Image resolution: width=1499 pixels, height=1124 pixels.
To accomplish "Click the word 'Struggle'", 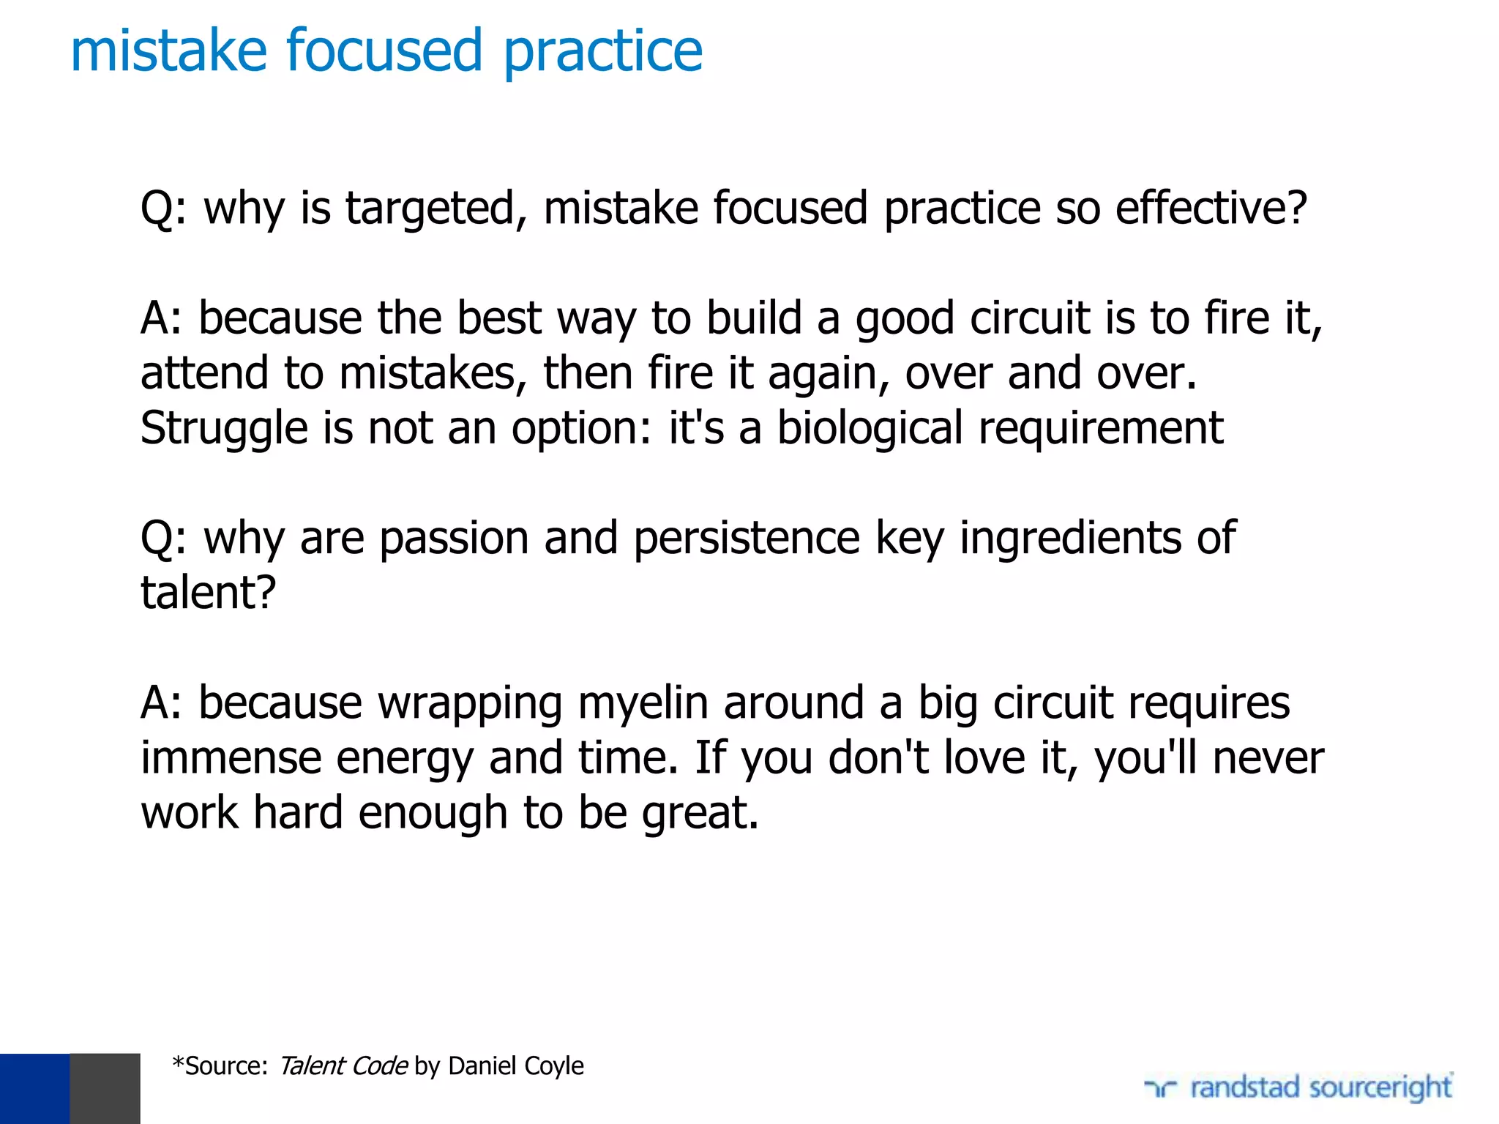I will pyautogui.click(x=224, y=429).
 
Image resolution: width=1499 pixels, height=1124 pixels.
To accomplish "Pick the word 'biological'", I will pyautogui.click(x=870, y=428).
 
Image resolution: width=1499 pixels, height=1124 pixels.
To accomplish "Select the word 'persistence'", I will pyautogui.click(x=747, y=538).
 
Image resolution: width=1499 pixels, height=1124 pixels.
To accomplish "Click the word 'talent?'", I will pyautogui.click(x=209, y=593).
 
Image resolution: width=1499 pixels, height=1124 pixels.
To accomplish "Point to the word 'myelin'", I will pyautogui.click(x=643, y=703).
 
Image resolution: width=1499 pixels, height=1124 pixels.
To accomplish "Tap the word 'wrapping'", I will pyautogui.click(x=470, y=704).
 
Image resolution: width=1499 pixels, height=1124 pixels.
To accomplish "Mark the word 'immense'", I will pyautogui.click(x=231, y=757).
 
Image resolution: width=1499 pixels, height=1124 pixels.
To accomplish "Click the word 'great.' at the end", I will pyautogui.click(x=700, y=814).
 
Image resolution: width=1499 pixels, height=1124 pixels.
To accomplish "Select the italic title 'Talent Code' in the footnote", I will pyautogui.click(x=343, y=1066).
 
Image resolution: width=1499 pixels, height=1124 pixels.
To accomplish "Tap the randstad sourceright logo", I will pyautogui.click(x=1298, y=1087).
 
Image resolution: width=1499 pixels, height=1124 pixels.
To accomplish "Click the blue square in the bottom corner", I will pyautogui.click(x=34, y=1088).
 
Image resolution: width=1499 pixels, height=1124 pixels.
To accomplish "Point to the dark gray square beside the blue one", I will pyautogui.click(x=105, y=1088).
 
